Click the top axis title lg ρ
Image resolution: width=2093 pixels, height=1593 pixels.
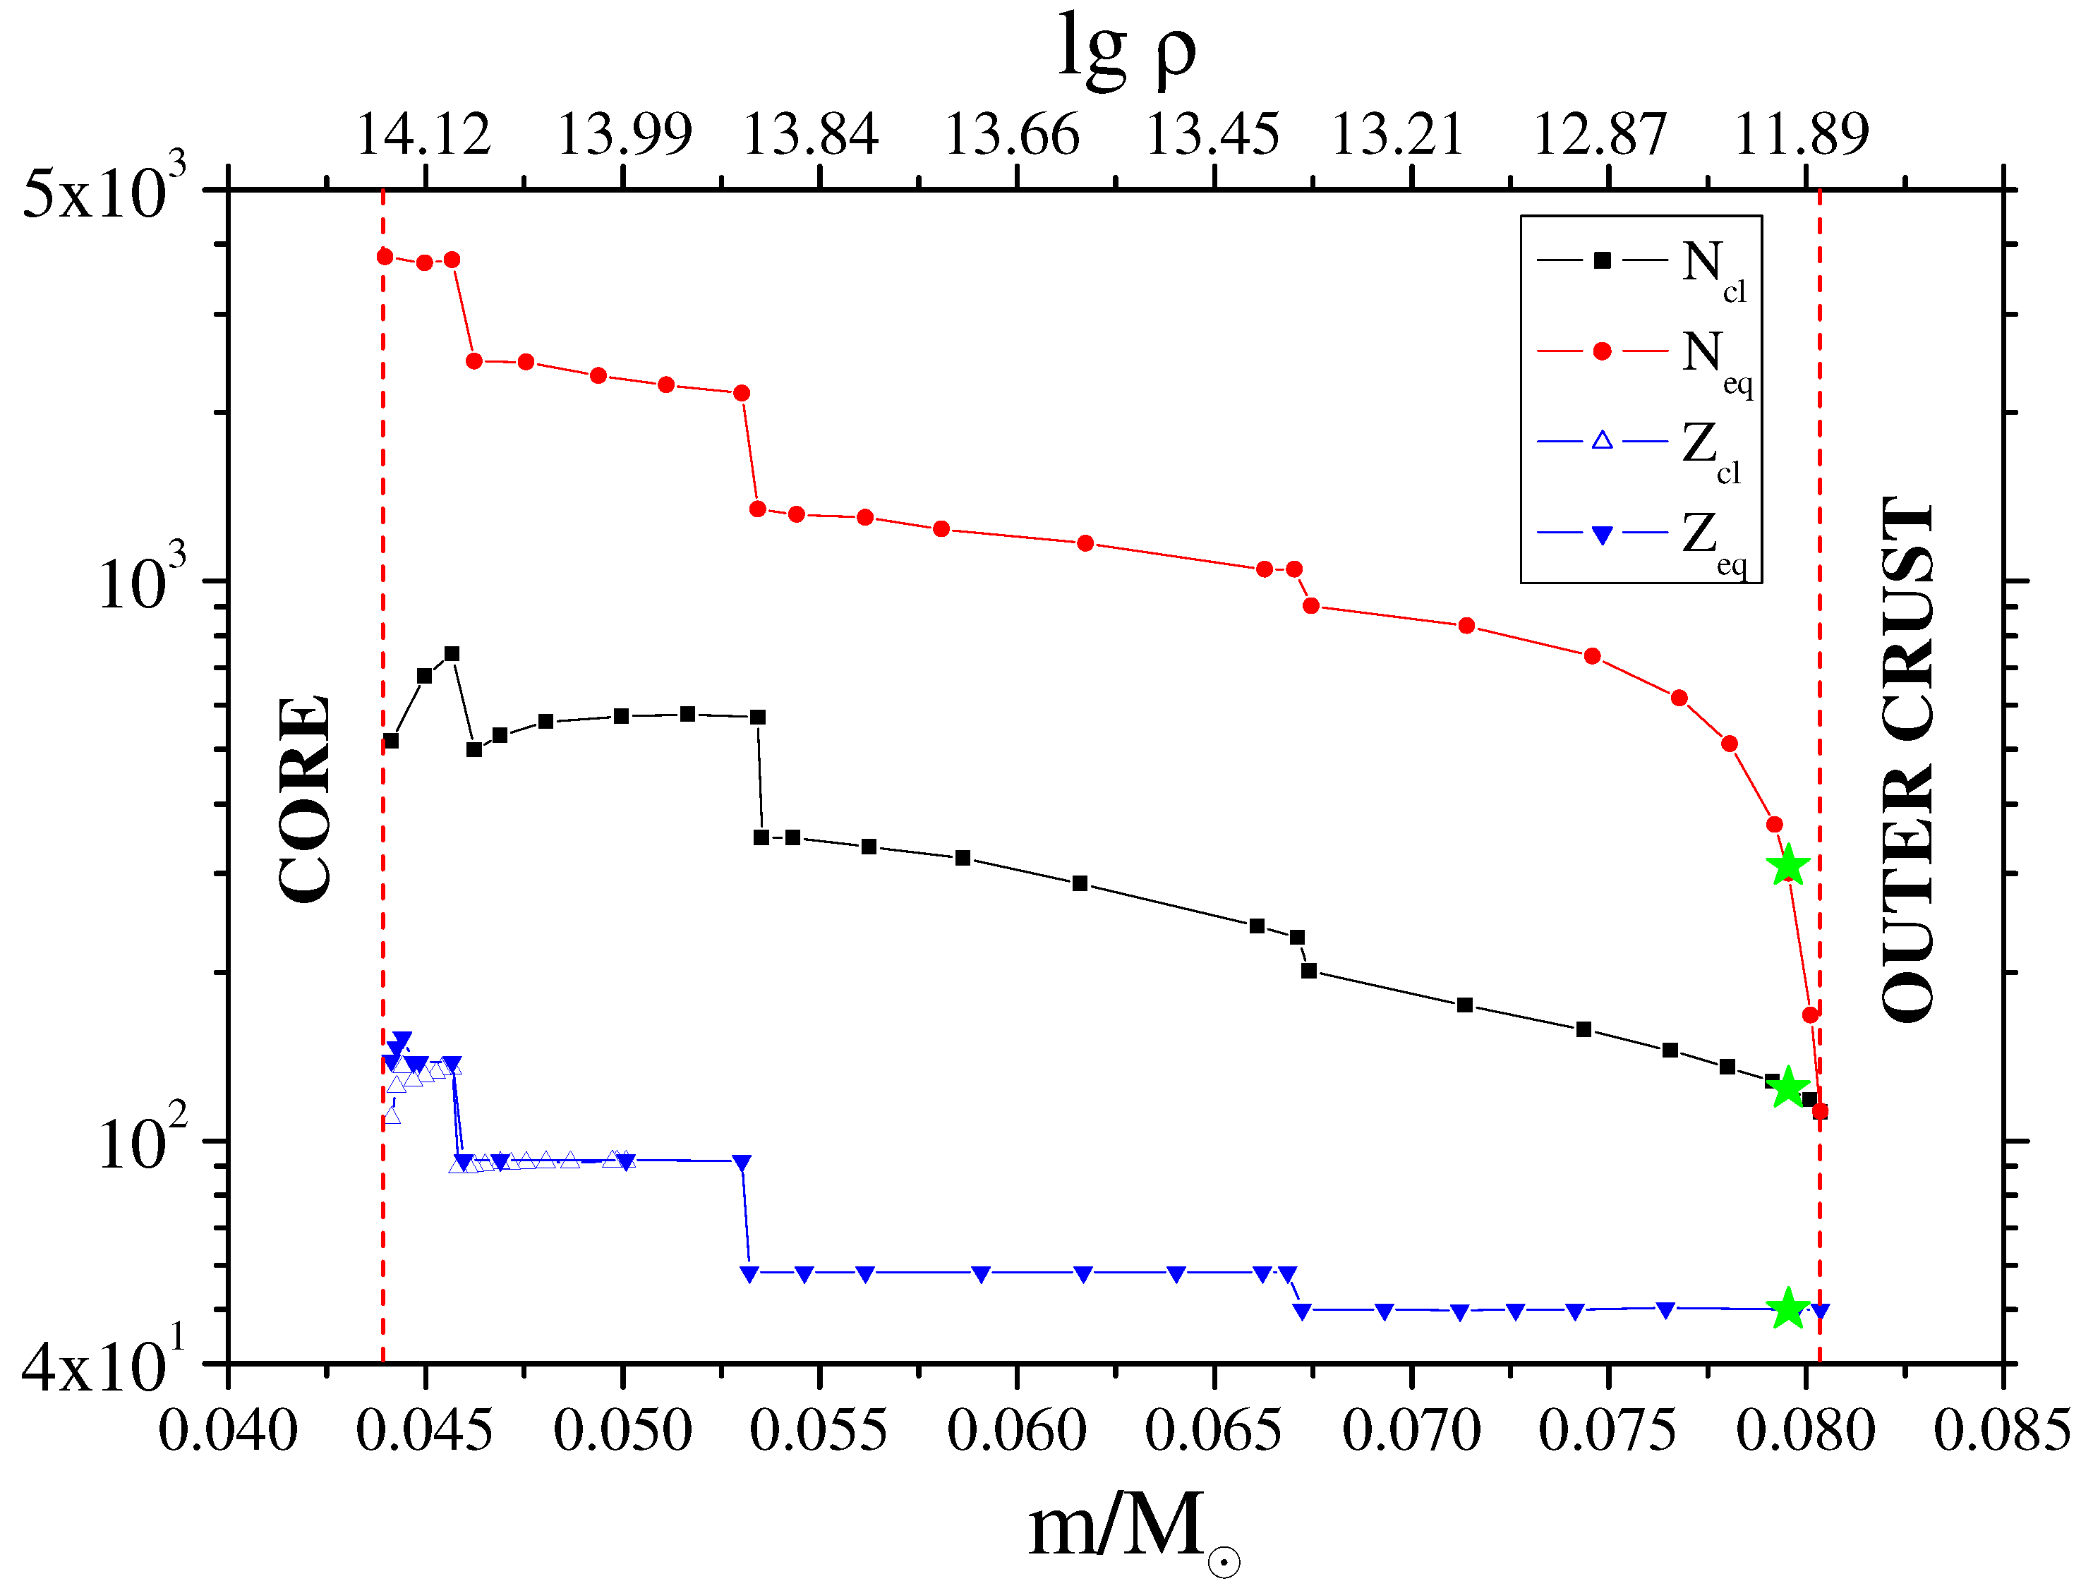[x=1127, y=52]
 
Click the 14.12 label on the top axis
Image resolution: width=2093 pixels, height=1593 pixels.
[x=424, y=135]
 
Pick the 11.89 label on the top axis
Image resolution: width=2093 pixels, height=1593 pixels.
[x=1802, y=135]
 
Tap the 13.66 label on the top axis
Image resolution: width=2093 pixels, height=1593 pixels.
[x=1013, y=135]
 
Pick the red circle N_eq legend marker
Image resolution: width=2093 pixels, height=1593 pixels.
[x=1603, y=352]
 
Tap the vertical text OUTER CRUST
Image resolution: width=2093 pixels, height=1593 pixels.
[x=1906, y=758]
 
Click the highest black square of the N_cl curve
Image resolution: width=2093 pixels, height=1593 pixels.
[x=452, y=654]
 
